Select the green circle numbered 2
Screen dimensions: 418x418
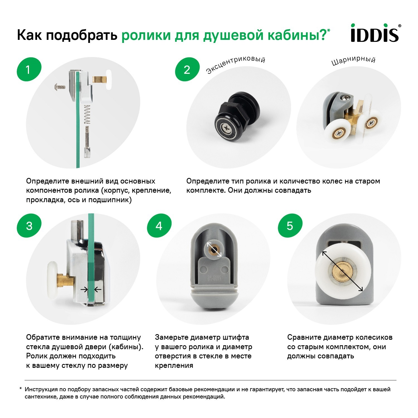coord(187,69)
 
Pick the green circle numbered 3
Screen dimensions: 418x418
coord(29,226)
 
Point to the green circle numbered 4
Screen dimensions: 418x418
coord(159,226)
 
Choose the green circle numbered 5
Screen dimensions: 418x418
coord(290,226)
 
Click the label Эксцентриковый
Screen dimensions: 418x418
coord(235,65)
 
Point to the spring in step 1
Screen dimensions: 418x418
coord(87,115)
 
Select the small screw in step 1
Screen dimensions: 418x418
coord(60,87)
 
